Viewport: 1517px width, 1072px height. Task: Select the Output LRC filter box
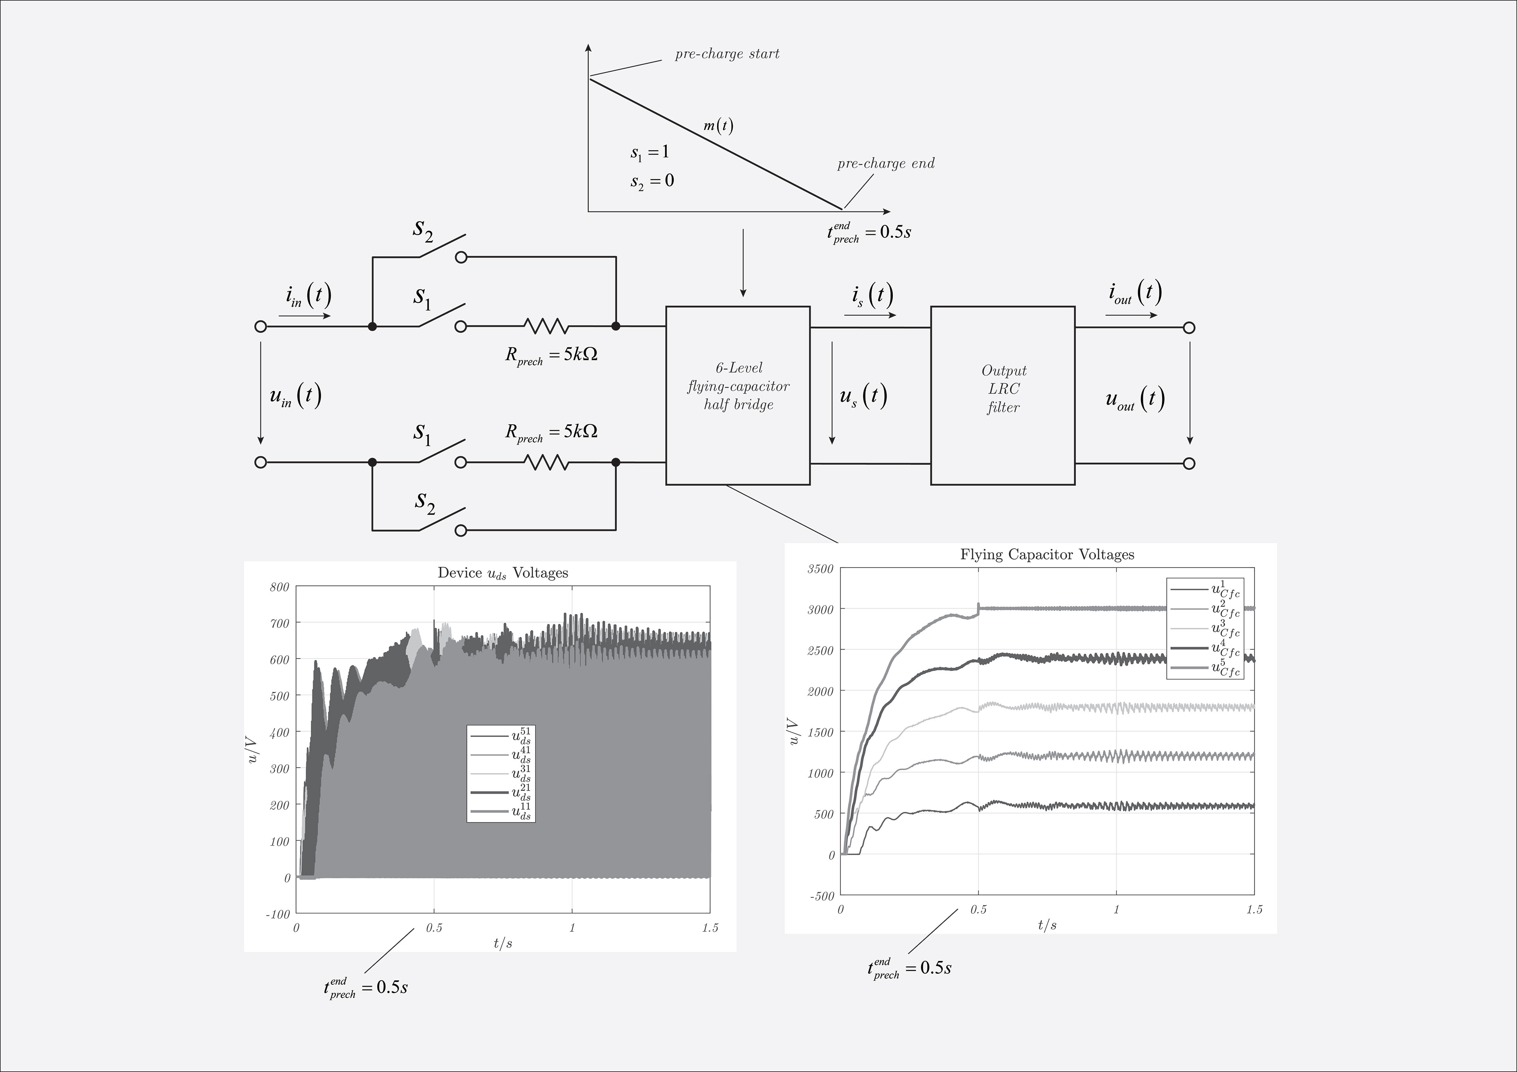(1002, 395)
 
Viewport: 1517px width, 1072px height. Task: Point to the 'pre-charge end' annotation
(885, 163)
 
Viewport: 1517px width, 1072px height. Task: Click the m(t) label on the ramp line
(718, 126)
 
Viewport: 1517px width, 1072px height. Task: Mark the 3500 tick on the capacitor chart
(821, 568)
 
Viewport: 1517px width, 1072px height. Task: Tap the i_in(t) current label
(308, 296)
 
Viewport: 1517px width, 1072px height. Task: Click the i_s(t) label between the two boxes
(872, 296)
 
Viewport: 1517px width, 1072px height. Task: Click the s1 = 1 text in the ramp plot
(649, 153)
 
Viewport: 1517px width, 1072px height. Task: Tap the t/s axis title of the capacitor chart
(1046, 925)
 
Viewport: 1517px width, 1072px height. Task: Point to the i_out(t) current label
(1135, 293)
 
